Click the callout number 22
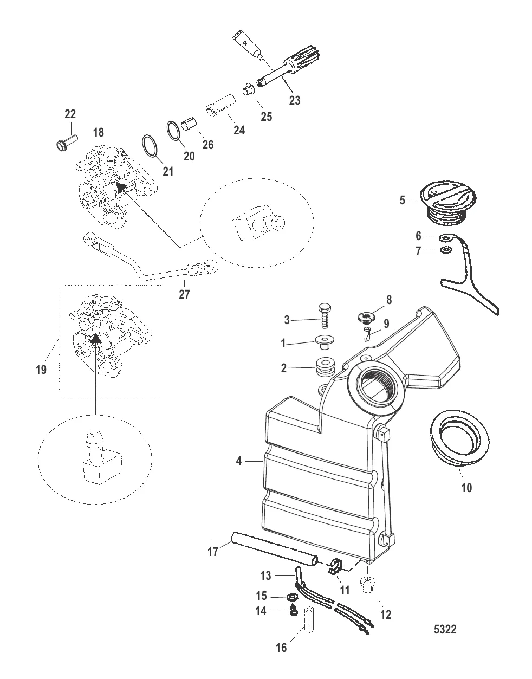[70, 114]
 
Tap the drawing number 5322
[445, 630]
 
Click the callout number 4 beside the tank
[238, 462]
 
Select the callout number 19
[41, 371]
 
